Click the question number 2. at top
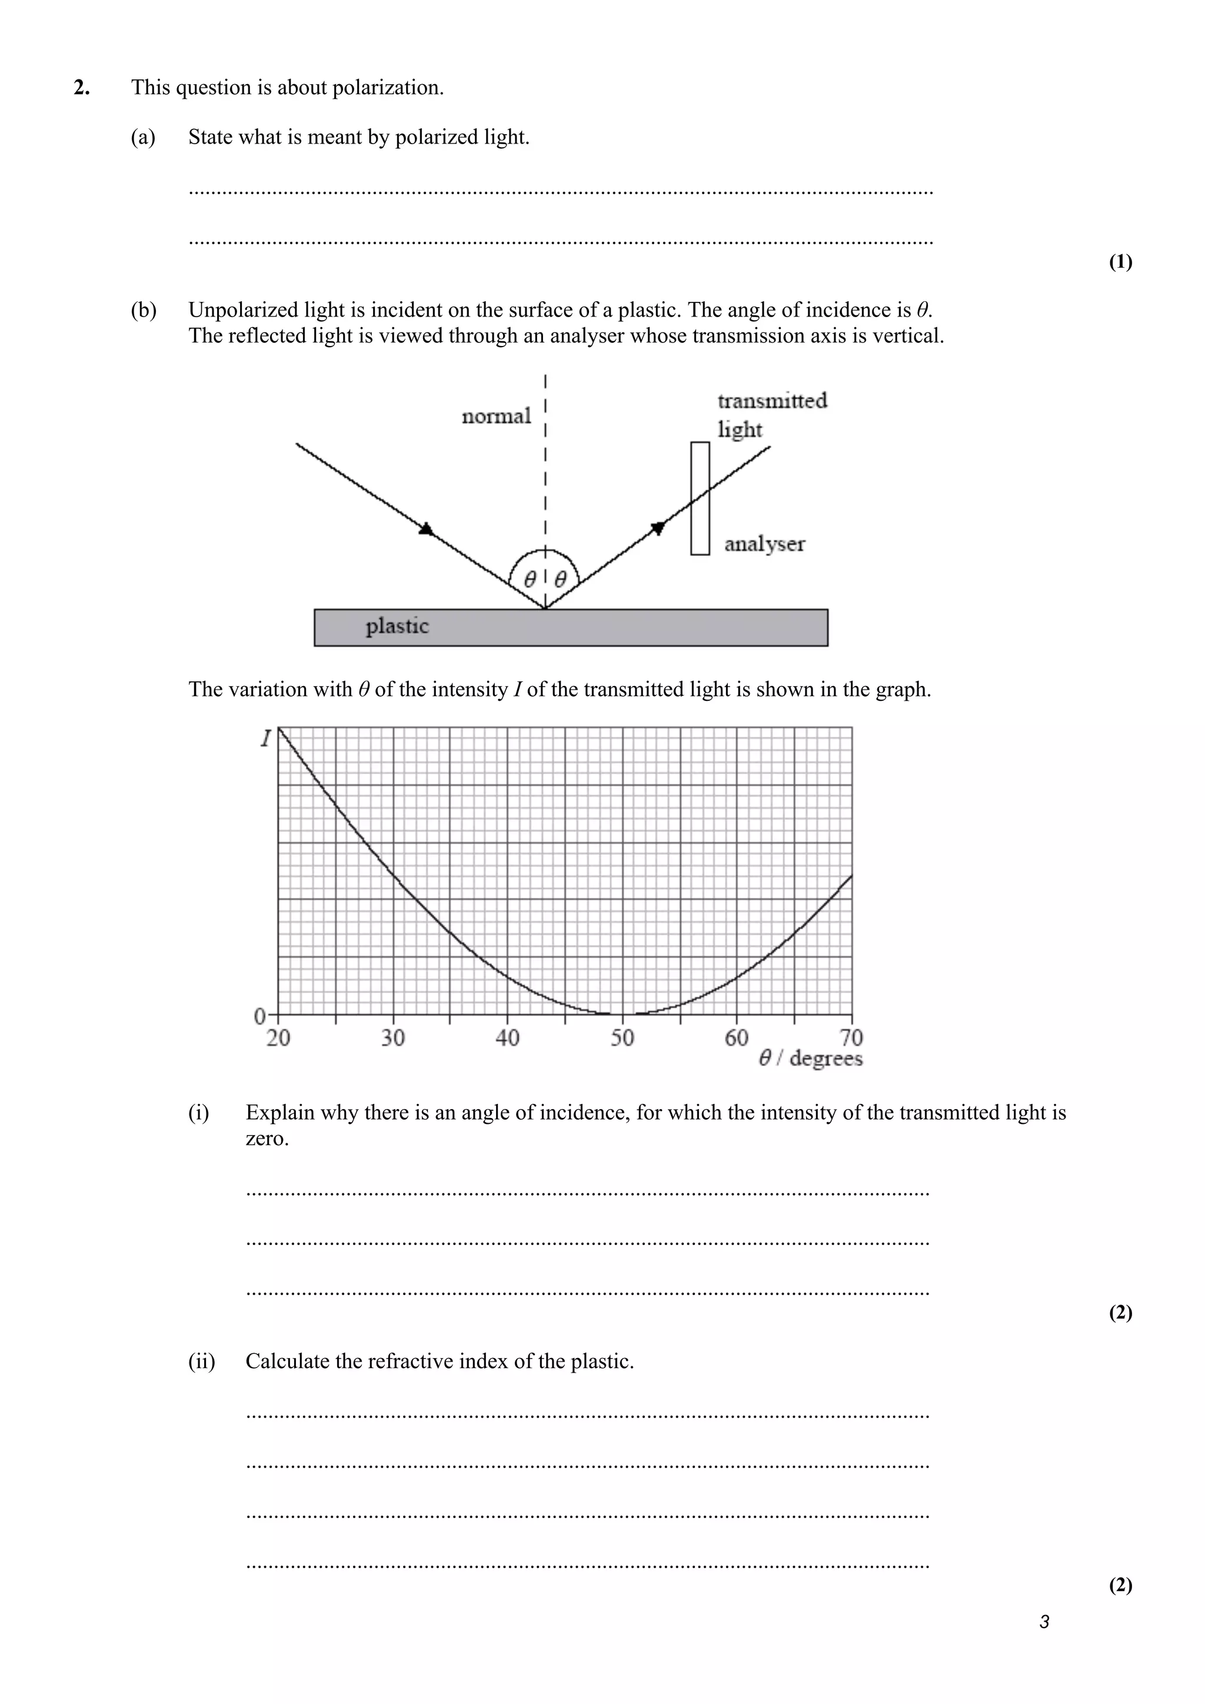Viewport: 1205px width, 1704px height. coord(82,88)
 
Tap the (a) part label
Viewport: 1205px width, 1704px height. coord(143,137)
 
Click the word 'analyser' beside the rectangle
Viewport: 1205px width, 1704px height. coord(764,544)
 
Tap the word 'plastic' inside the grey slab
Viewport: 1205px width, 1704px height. coord(397,627)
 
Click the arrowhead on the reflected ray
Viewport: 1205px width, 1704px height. coord(657,528)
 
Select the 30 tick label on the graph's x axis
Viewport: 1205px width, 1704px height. coord(392,1037)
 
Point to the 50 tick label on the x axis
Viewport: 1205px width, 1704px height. coord(622,1037)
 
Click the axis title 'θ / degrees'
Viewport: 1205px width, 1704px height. coord(810,1059)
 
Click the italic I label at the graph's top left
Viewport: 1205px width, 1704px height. coord(264,738)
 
